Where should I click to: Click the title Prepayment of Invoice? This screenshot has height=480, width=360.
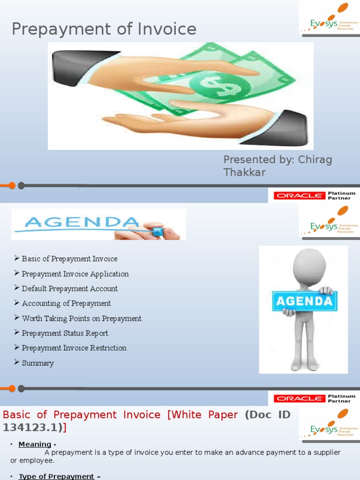click(104, 29)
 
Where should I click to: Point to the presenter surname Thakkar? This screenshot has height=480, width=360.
click(244, 172)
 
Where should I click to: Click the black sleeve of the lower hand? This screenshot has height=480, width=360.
click(281, 129)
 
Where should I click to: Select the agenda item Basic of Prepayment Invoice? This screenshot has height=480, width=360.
click(69, 259)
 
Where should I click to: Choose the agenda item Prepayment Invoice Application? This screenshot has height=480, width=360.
click(75, 274)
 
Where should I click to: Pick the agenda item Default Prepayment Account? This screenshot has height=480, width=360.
click(69, 289)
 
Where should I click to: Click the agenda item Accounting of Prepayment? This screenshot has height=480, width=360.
click(66, 303)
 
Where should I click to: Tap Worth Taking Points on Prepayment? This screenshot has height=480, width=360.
click(82, 318)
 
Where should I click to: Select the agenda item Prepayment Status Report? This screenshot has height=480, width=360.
click(65, 333)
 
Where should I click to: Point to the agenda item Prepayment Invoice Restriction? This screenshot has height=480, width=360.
click(74, 348)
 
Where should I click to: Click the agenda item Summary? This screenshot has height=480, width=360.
click(37, 363)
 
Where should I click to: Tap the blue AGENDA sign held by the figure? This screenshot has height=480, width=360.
click(304, 301)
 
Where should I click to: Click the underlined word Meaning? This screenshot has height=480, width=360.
click(35, 444)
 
